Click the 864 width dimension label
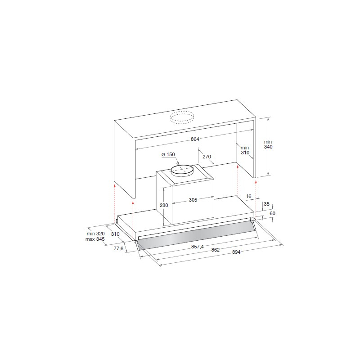coord(195,139)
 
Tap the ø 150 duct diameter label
coord(168,154)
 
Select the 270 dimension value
coord(207,157)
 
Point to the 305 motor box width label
coord(193,200)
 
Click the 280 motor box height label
coord(164,205)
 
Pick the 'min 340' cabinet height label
coord(268,144)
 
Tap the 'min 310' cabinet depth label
coord(245,150)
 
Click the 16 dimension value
coord(249,196)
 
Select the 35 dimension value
coord(266,204)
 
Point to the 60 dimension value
coord(272,213)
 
